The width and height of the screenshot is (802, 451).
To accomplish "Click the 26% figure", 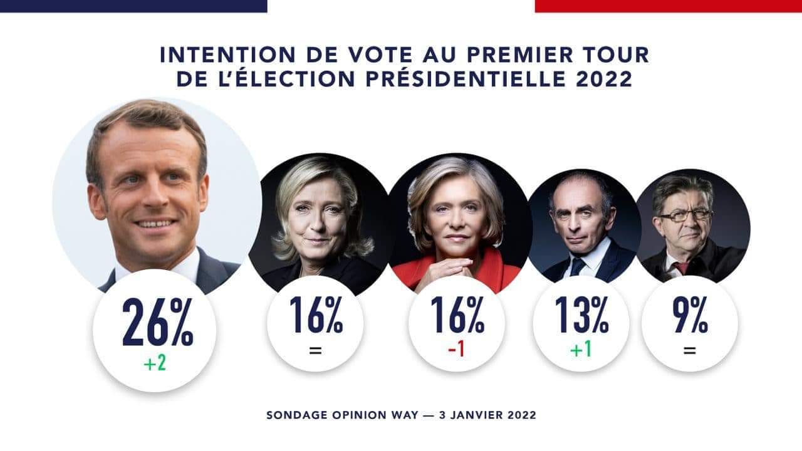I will pyautogui.click(x=157, y=322).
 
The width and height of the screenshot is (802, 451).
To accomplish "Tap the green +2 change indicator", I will pyautogui.click(x=155, y=363).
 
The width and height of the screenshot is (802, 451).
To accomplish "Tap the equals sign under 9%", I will pyautogui.click(x=689, y=350).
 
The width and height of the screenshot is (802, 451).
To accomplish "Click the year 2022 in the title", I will pyautogui.click(x=606, y=80).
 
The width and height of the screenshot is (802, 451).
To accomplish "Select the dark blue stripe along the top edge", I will pyautogui.click(x=133, y=6).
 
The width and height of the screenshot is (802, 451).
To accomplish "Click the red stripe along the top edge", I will pyautogui.click(x=668, y=6).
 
